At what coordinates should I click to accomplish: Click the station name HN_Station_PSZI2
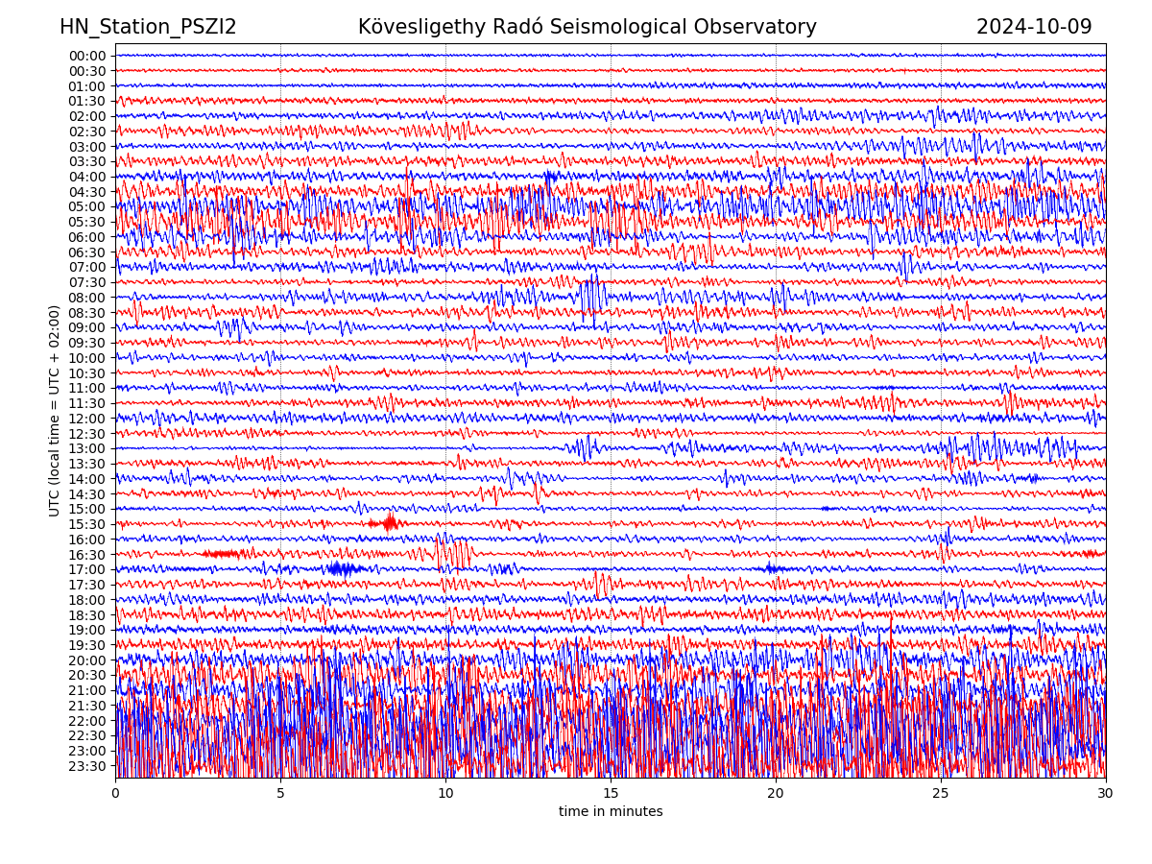(148, 27)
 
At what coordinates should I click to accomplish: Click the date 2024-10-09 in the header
(1034, 27)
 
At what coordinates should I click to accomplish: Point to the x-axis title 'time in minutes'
(611, 812)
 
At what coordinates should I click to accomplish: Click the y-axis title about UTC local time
(55, 410)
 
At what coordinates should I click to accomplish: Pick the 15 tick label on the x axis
(611, 794)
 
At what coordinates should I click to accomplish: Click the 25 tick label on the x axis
(941, 794)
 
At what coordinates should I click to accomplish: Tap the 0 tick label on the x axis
(115, 794)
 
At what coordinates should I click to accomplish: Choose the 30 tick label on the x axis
(1106, 794)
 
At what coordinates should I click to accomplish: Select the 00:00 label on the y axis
(87, 56)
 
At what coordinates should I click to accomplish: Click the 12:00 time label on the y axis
(87, 419)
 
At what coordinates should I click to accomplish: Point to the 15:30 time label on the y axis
(87, 524)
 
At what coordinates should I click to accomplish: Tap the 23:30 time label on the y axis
(87, 766)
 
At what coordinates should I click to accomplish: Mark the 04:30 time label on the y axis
(87, 192)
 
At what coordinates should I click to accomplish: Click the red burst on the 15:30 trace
(389, 523)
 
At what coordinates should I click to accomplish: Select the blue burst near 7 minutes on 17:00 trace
(344, 568)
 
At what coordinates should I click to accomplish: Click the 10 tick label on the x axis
(445, 794)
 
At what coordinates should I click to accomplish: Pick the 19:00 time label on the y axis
(87, 630)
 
